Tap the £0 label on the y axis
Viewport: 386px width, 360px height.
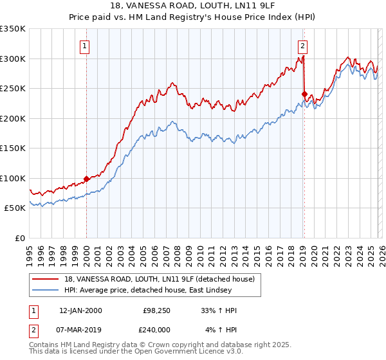[x=19, y=238]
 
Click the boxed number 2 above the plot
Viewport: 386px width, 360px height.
[x=302, y=46]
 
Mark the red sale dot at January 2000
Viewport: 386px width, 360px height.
[x=86, y=179]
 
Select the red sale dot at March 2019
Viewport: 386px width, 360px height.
[x=304, y=94]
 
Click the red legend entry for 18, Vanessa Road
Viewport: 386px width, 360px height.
[x=160, y=279]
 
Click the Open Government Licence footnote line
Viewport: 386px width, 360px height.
[x=136, y=352]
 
